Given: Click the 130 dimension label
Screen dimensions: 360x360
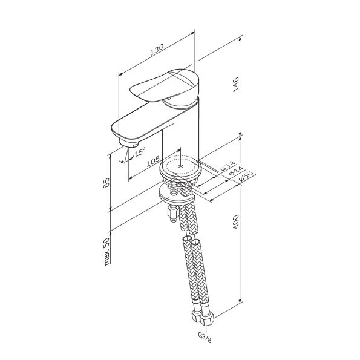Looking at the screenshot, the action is click(157, 50).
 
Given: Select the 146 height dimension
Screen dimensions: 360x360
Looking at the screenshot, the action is click(236, 85).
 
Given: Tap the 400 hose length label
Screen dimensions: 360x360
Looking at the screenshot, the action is click(236, 222).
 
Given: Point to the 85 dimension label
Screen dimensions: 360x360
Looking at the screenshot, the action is click(106, 183).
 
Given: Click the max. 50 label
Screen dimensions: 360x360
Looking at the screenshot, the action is click(106, 252).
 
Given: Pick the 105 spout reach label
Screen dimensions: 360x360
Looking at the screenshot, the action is click(153, 162).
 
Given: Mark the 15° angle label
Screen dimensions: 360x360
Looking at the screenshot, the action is click(140, 152).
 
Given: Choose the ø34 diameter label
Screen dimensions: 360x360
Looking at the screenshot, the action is click(227, 166).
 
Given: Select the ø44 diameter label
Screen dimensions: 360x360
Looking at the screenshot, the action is click(236, 171).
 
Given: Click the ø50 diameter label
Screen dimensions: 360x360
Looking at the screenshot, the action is click(246, 177).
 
